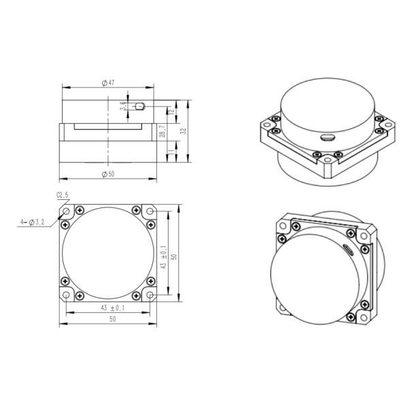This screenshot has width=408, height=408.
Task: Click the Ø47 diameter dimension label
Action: [x=107, y=82]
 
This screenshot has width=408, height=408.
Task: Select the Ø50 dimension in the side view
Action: [x=107, y=174]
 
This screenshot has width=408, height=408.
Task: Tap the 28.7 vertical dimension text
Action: [x=162, y=131]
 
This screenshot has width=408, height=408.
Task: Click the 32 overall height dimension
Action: [x=184, y=129]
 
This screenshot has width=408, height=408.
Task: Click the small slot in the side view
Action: [x=140, y=106]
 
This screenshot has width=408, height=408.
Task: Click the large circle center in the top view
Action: [x=107, y=254]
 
